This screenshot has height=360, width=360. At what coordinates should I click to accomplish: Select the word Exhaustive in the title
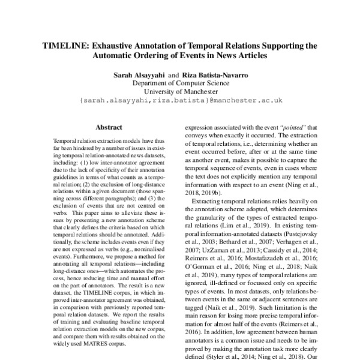[115, 45]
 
